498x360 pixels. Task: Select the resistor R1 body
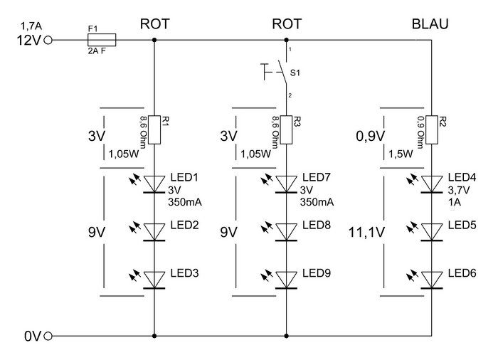click(155, 131)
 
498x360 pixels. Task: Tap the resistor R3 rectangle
click(287, 131)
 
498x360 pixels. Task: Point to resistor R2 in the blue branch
click(431, 131)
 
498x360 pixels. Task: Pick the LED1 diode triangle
click(155, 184)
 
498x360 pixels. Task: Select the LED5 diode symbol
click(431, 231)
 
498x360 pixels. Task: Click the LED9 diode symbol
click(287, 278)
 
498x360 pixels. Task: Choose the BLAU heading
click(430, 24)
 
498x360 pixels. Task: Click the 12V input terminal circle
click(48, 41)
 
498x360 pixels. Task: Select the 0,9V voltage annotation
click(369, 135)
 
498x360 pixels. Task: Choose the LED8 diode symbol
click(287, 231)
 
